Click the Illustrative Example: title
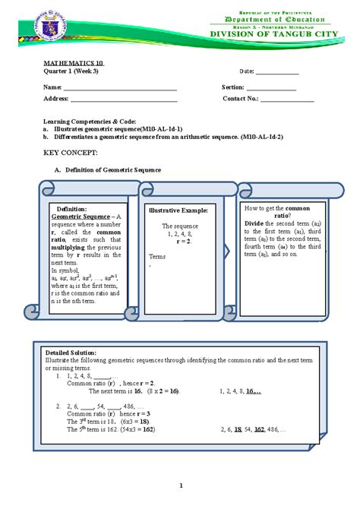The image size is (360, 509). (184, 209)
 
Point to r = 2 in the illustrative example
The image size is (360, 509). (182, 241)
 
